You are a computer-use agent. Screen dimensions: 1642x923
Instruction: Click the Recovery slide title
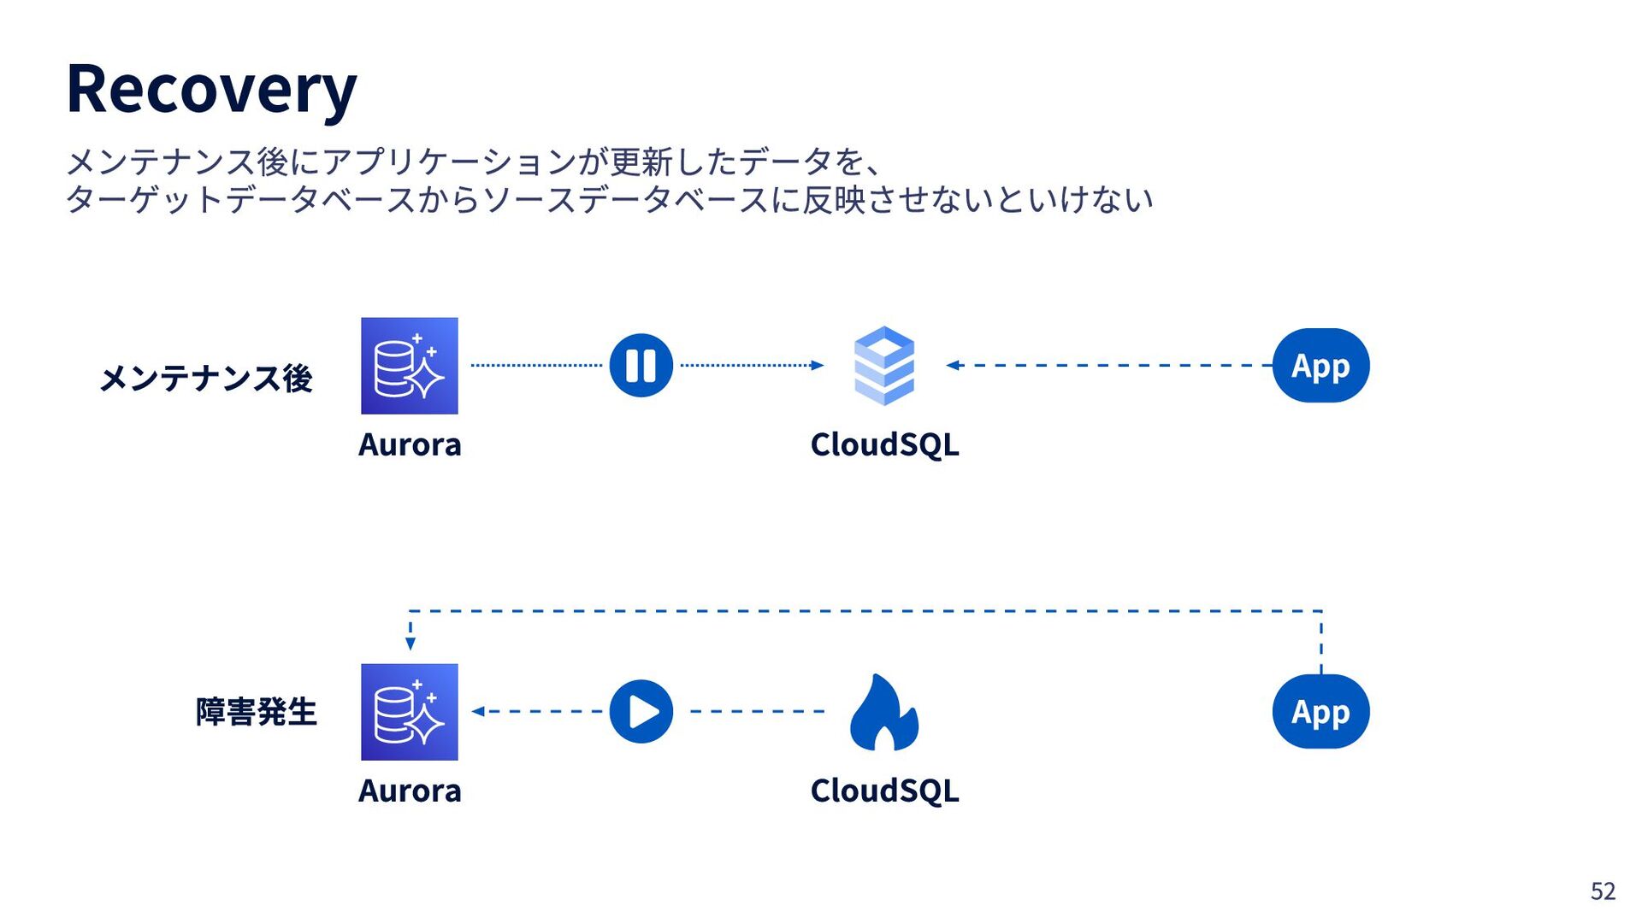211,90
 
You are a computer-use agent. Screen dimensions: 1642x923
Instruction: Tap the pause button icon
641,366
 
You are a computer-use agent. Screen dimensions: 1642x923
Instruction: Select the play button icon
641,711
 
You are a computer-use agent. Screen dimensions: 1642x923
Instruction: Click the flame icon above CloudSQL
884,712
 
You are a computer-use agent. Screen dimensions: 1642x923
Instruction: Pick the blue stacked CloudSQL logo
884,366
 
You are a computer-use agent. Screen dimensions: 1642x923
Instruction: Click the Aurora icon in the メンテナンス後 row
410,366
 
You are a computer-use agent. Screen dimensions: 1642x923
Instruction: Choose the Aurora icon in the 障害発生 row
410,712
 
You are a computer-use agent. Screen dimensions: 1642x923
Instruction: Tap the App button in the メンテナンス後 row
1321,366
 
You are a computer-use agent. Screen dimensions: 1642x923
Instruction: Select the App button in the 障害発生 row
1321,711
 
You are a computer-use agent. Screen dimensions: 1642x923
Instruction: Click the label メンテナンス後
206,379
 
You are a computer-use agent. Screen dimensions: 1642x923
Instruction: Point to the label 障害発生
257,712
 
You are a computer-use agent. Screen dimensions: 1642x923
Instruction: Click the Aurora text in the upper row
410,444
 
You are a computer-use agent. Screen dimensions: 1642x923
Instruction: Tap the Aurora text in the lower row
410,791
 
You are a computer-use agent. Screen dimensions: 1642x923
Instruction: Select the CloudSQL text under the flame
885,791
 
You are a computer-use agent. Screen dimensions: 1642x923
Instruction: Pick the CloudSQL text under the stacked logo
885,444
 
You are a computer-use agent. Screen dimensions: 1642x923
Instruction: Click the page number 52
1603,891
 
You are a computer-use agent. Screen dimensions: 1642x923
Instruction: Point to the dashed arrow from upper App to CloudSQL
1109,366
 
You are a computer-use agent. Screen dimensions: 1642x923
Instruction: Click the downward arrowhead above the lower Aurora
410,644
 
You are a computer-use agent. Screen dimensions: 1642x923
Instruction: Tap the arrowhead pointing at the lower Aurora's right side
478,711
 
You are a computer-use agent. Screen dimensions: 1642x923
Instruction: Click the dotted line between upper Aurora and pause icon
537,366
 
